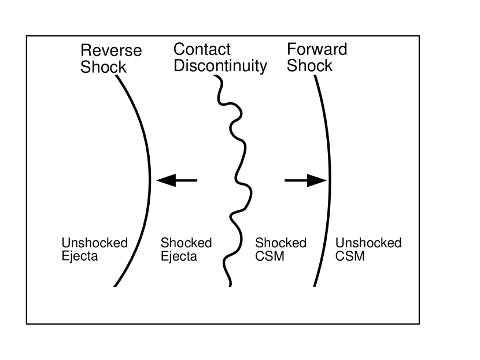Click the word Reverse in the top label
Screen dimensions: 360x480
pos(111,51)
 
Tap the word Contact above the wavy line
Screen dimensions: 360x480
pos(202,50)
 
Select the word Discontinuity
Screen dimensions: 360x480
pos(220,66)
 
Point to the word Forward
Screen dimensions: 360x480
pos(317,50)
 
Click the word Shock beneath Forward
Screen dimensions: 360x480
pos(310,66)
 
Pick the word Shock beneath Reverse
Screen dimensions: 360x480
pos(103,67)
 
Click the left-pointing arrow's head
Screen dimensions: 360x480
pos(165,180)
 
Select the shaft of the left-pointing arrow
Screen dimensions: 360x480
pos(186,180)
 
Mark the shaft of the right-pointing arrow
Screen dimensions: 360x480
pos(296,180)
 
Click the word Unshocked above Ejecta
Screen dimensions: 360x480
pos(94,243)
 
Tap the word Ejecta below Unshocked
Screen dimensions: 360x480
pos(79,256)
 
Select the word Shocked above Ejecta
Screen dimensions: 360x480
pos(186,243)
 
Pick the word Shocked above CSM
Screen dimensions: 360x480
pos(280,243)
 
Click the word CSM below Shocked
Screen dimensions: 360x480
pos(269,256)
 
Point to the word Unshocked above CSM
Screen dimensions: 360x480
pos(368,243)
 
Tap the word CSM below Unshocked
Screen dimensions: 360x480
pos(350,256)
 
